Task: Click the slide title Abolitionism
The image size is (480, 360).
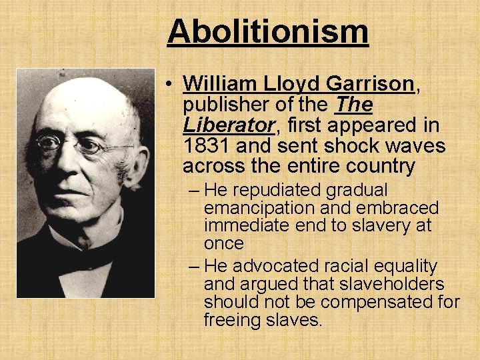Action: [x=267, y=31]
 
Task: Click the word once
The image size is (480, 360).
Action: [x=224, y=245]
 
